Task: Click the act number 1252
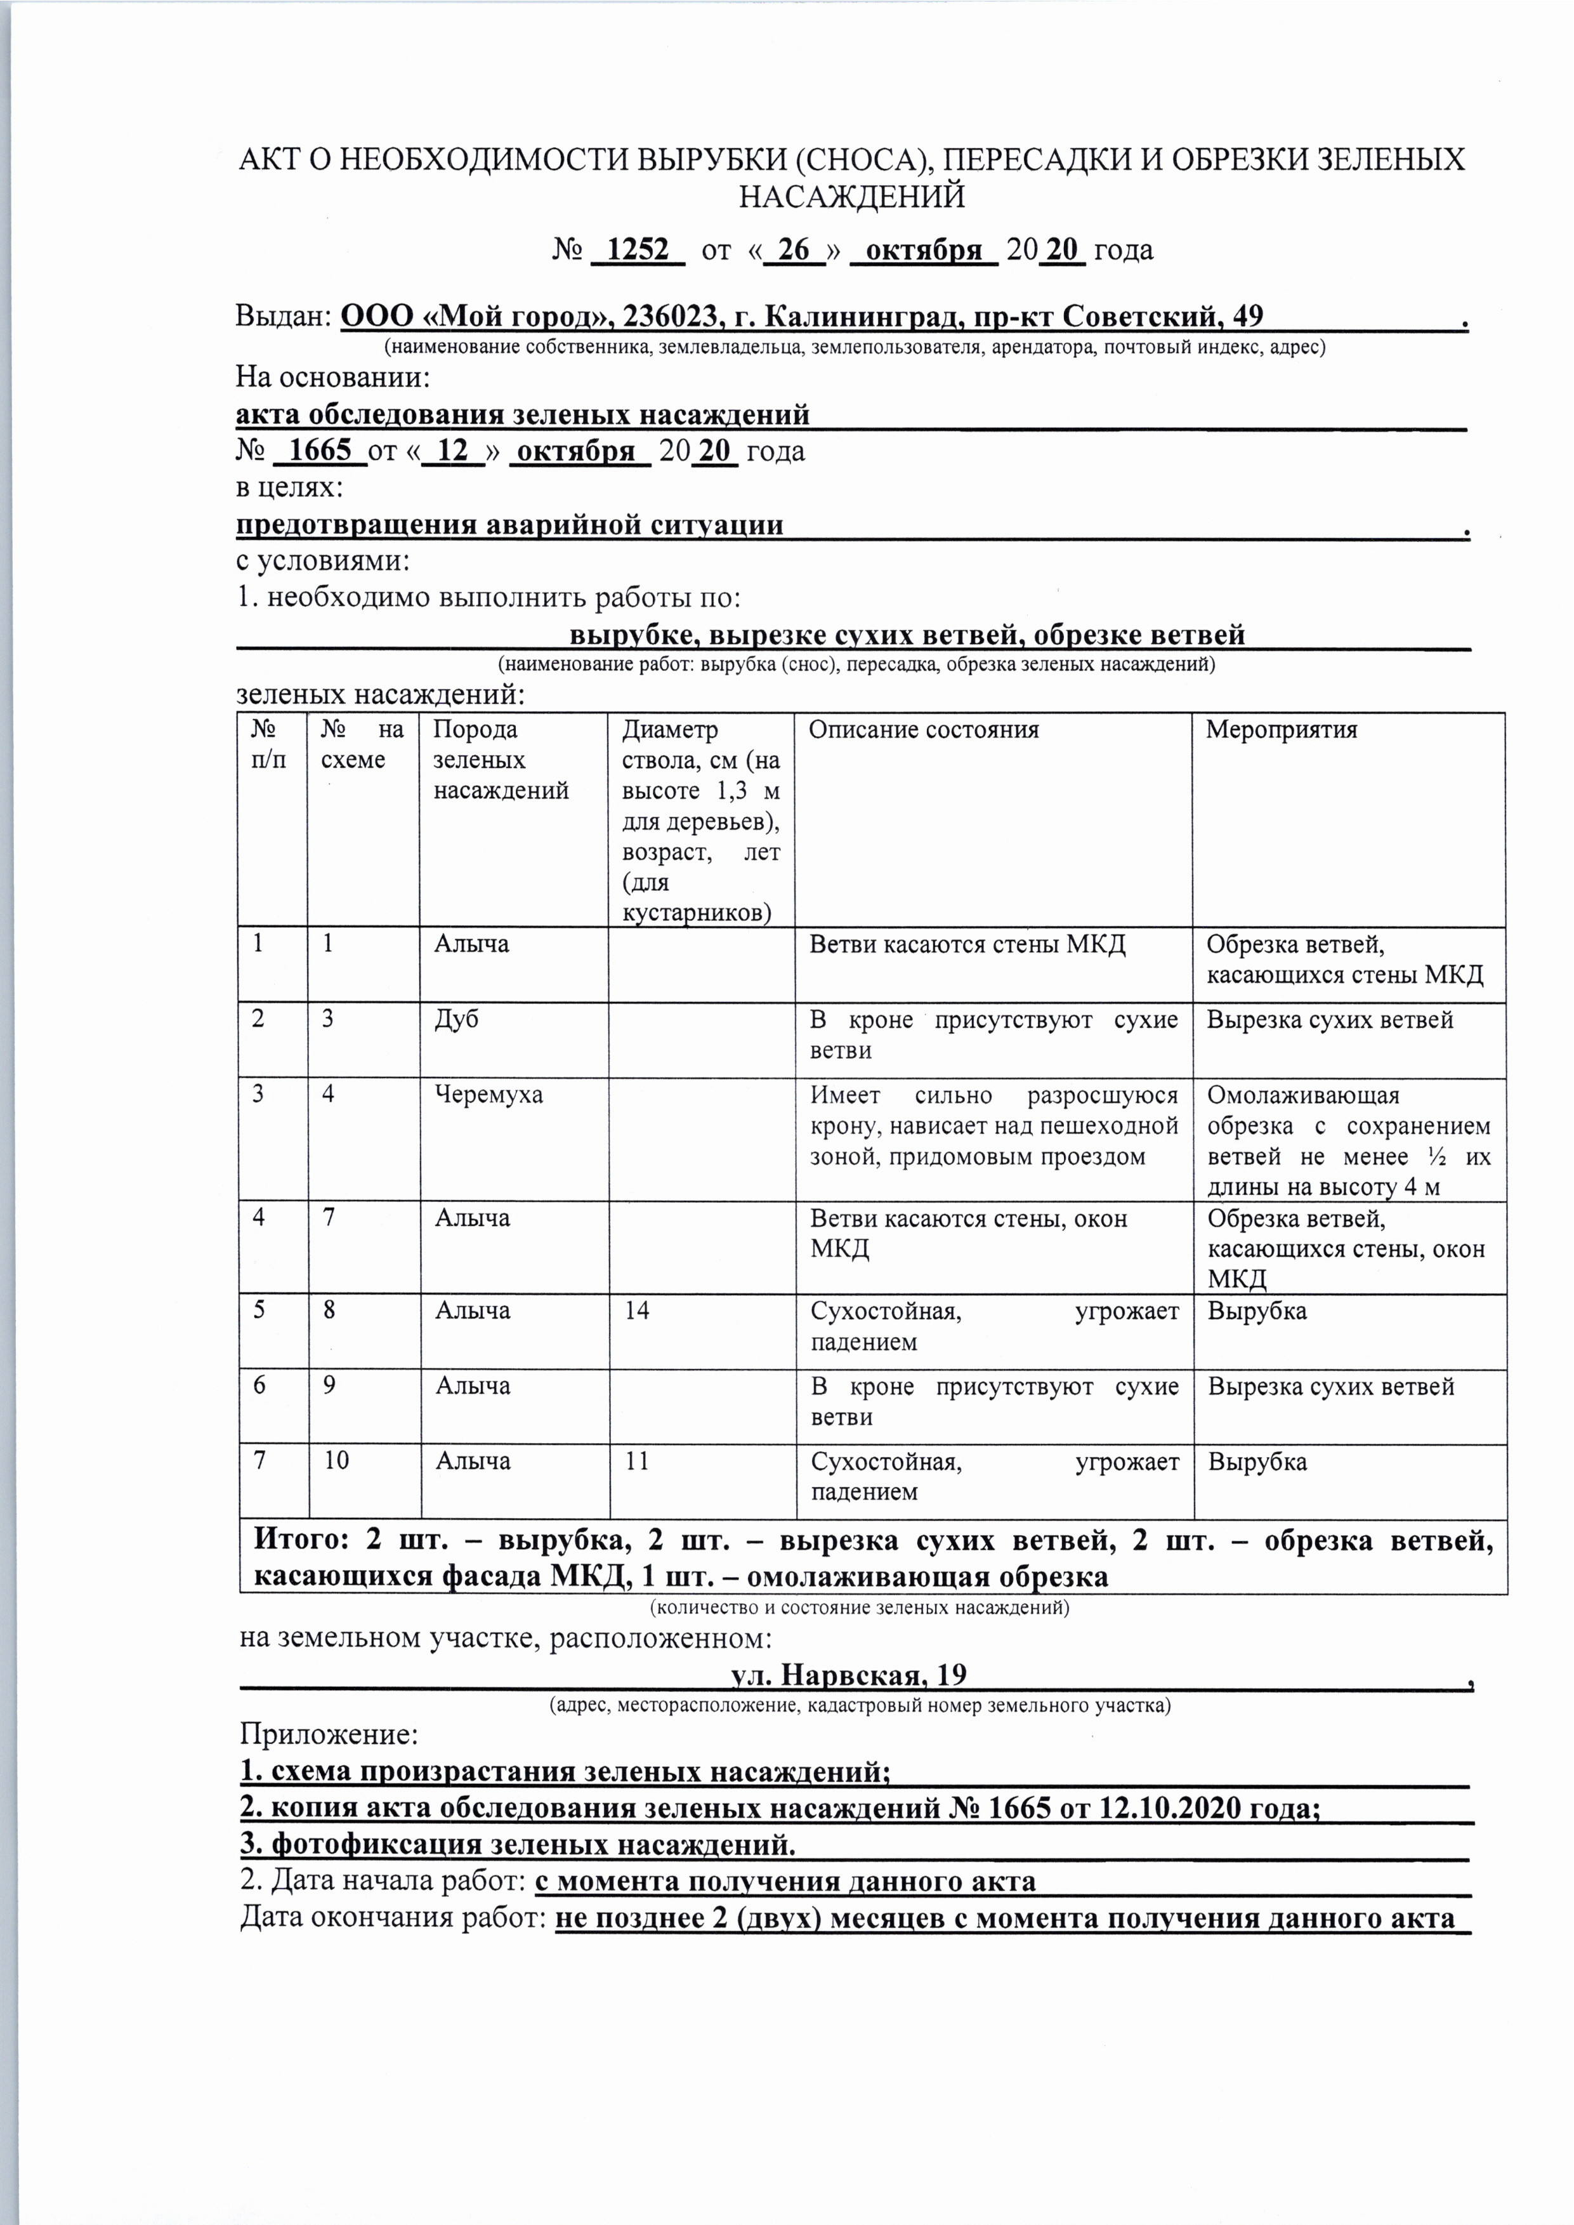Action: tap(637, 250)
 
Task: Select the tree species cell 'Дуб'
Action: tap(457, 1019)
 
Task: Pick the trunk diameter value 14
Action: tap(637, 1311)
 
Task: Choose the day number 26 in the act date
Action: tap(794, 250)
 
